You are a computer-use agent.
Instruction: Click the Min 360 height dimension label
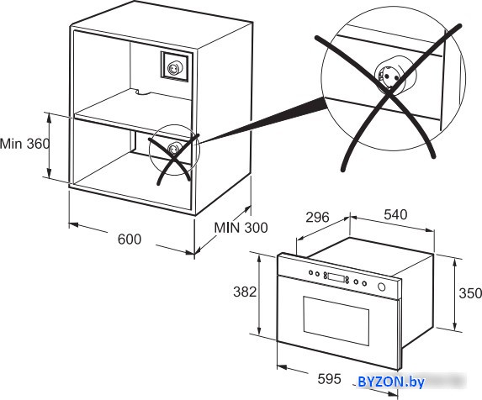pos(24,144)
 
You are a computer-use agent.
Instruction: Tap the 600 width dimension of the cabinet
pos(130,239)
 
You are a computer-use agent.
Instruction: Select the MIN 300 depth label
pos(241,228)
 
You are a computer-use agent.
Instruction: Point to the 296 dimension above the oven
pos(317,218)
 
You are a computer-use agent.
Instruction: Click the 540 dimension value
pos(395,214)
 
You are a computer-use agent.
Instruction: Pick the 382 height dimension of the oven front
pos(245,292)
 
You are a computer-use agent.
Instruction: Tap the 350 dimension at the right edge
pos(470,293)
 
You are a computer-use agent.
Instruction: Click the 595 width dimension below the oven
pos(329,379)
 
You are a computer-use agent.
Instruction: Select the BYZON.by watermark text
pos(391,382)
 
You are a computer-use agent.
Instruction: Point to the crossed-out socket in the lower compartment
pos(172,149)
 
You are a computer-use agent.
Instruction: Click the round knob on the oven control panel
pos(382,287)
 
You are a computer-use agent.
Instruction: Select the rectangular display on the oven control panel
pos(336,277)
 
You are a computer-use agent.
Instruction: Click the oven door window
pos(336,320)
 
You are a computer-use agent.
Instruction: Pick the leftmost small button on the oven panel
pos(311,272)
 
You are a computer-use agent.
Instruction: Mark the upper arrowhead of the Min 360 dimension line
pos(49,116)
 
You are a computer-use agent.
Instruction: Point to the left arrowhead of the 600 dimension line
pos(73,225)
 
